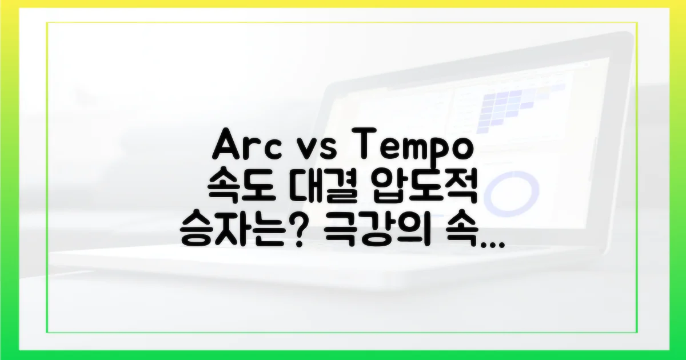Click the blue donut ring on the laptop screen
pos(514,192)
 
